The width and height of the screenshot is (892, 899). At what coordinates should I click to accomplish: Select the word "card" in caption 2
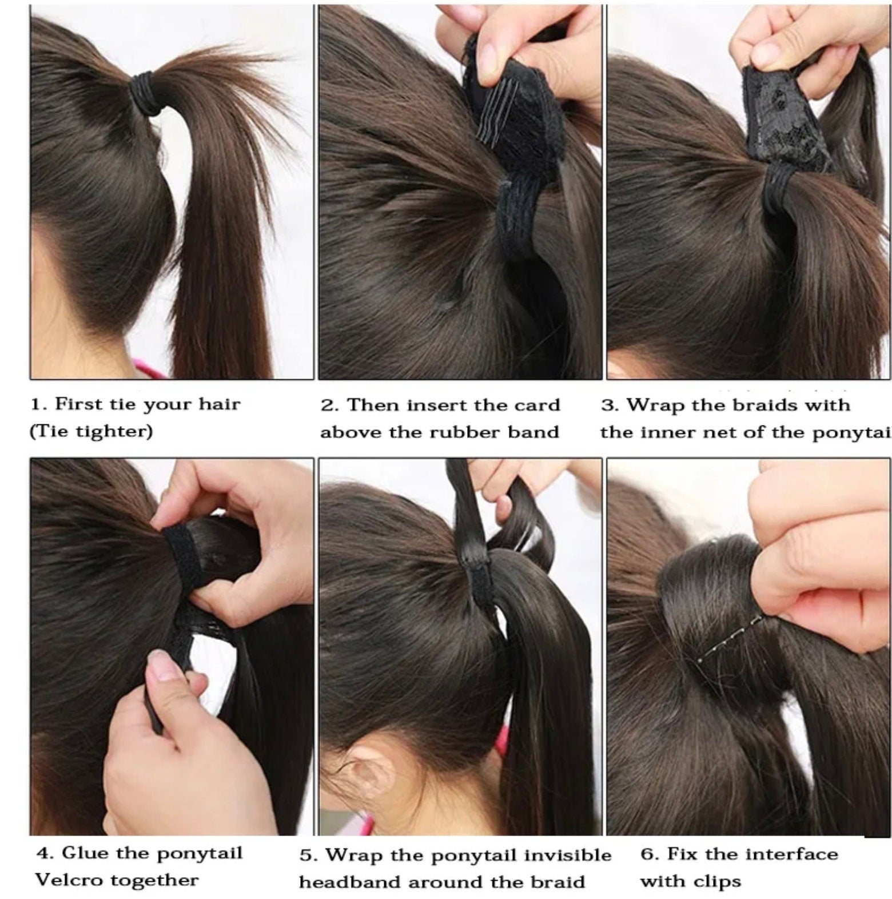(x=536, y=405)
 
